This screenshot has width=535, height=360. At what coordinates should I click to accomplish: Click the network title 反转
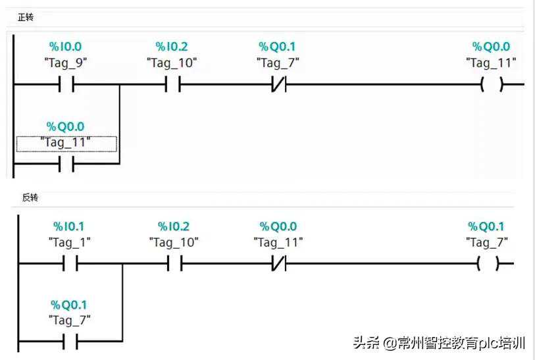point(30,197)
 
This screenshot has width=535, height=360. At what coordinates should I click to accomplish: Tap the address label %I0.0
point(66,47)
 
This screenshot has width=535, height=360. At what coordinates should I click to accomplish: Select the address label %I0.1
point(69,226)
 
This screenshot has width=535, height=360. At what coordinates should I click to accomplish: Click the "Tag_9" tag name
point(66,63)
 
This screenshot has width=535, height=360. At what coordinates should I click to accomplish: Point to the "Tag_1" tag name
point(69,242)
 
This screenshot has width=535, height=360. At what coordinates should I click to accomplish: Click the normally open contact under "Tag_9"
point(66,85)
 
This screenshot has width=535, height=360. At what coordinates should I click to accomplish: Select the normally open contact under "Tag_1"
point(70,265)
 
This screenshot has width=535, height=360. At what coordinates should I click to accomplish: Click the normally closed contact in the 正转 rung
point(278,85)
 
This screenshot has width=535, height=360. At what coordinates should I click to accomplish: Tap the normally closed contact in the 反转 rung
point(278,265)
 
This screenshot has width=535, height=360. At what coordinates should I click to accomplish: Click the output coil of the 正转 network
point(491,85)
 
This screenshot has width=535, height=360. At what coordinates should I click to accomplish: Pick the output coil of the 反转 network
point(488,265)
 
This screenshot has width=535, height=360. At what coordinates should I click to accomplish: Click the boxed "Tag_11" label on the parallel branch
point(66,143)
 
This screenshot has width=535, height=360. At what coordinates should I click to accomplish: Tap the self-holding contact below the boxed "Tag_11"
point(66,165)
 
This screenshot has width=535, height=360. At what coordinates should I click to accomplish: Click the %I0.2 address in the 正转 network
point(172,47)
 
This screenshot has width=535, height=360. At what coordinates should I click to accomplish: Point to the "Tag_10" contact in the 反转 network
point(174,265)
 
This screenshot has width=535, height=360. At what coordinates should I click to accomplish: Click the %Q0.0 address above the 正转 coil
point(491,47)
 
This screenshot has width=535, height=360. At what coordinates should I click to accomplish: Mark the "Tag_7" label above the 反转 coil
point(487,242)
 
